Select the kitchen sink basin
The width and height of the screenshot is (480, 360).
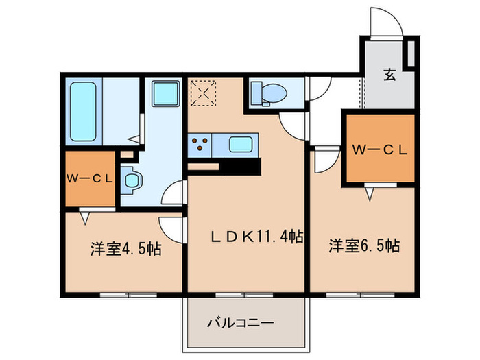[240, 145]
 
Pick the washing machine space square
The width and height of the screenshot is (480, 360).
[165, 93]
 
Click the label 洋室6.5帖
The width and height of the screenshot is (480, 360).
[364, 245]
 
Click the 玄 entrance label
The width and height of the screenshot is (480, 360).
[389, 75]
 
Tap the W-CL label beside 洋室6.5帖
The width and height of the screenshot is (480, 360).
[380, 149]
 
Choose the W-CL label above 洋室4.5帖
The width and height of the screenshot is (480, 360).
[89, 179]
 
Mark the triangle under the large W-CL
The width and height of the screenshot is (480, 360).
[370, 195]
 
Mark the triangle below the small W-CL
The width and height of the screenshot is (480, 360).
[86, 218]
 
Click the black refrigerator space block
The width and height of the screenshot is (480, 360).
[240, 167]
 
